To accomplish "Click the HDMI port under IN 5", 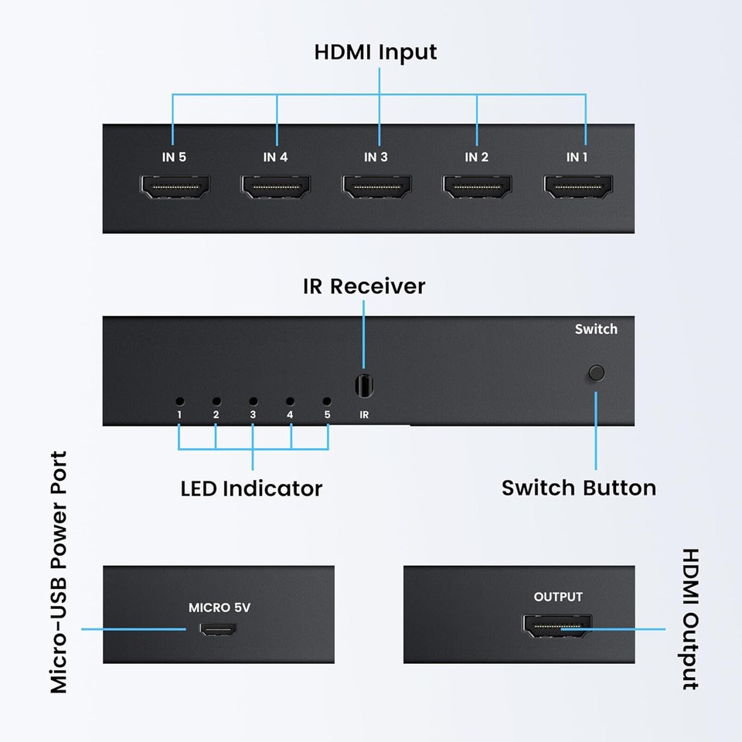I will [x=174, y=188].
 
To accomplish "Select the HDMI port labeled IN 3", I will [x=376, y=188].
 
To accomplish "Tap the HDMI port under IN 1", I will [x=578, y=188].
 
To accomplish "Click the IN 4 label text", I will [x=275, y=157].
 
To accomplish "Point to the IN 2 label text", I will [x=477, y=157].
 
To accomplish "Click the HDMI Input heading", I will [x=376, y=52].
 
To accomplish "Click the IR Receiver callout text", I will [x=364, y=286].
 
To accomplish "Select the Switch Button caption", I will [x=578, y=488].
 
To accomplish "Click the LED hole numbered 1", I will [x=179, y=401].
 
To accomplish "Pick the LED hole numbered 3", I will [x=253, y=401].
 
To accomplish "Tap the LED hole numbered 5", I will [x=327, y=401].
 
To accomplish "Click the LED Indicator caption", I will [x=251, y=488].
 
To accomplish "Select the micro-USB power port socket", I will [x=219, y=630].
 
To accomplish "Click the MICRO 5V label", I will [x=220, y=608].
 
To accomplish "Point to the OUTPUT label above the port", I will [x=558, y=597].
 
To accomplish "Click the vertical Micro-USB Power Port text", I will [x=59, y=572].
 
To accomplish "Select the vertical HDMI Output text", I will [x=689, y=618].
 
